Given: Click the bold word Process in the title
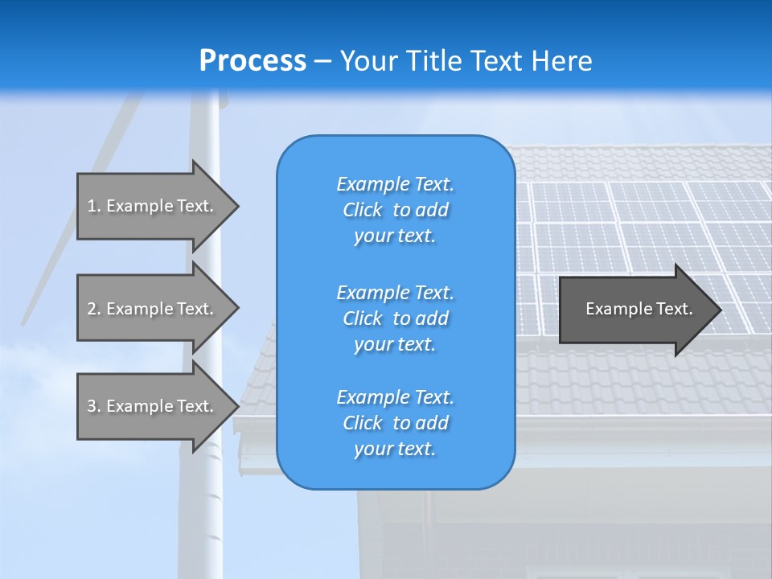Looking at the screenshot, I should coord(253,61).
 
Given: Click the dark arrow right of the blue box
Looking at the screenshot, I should coord(635,309).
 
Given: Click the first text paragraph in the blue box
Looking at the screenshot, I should coord(395,210).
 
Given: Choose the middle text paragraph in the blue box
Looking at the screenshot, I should coord(395,318).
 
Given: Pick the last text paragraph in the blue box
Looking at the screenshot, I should coord(395,423).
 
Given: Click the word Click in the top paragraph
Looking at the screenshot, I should coord(363,211).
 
